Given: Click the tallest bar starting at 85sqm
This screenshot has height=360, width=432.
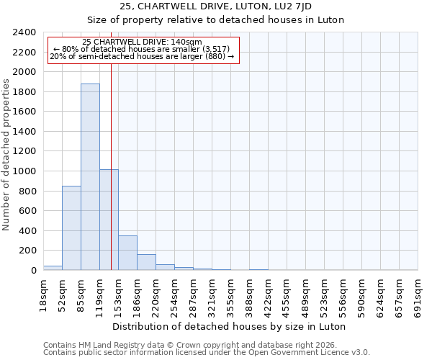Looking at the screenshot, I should [x=90, y=176].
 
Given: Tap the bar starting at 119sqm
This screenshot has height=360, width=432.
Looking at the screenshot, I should [x=109, y=220].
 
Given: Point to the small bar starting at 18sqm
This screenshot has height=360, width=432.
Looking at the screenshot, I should [x=53, y=268].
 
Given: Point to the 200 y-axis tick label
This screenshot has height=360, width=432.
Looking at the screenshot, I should [x=27, y=251].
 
